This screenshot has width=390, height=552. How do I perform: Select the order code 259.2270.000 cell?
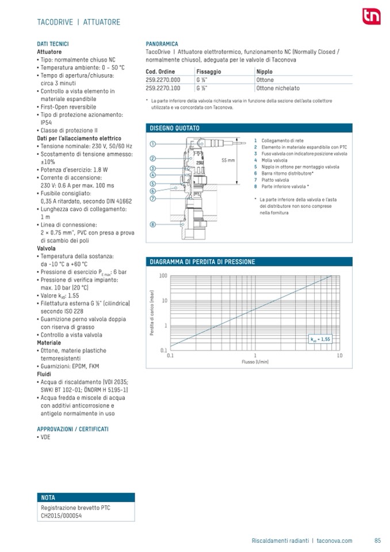point(163,80)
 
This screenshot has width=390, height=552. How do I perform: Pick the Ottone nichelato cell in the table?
point(278,89)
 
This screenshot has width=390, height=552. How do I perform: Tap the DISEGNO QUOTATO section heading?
point(175,128)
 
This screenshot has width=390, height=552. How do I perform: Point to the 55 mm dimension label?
point(228,160)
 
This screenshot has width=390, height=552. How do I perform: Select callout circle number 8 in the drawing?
point(153,224)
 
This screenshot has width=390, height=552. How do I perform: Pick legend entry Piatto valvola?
point(276,180)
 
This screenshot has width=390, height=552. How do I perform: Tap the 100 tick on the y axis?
point(163,276)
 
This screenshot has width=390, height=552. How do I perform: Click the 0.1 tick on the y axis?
point(163,350)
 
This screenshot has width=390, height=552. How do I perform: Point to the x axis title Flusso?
point(255,363)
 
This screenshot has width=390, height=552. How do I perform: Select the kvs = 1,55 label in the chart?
point(320,340)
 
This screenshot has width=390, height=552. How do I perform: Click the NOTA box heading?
point(48,498)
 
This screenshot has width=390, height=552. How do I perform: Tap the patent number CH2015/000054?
point(62,516)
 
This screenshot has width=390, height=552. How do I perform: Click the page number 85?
point(377,540)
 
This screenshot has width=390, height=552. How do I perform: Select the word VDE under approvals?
point(46,438)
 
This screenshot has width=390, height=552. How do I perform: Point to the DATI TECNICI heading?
point(53,44)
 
